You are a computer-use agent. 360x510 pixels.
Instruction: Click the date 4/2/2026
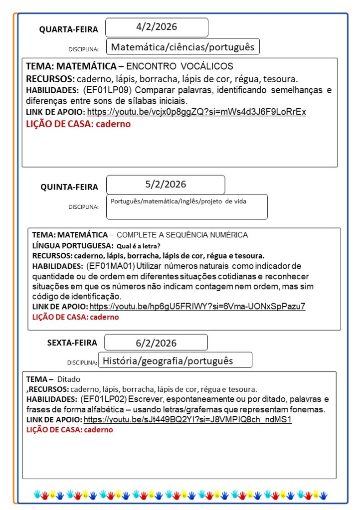click(157, 27)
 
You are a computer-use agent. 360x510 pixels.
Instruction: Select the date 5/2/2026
click(166, 184)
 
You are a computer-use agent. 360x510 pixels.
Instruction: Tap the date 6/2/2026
click(156, 343)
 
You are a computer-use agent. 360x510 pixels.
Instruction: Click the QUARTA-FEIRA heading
click(69, 29)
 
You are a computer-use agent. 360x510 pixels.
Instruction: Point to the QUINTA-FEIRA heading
click(69, 187)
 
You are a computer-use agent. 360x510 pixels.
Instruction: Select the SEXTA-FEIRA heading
click(72, 342)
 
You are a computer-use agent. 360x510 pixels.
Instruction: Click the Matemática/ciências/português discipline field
click(183, 47)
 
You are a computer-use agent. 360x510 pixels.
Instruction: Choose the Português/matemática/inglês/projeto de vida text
click(179, 201)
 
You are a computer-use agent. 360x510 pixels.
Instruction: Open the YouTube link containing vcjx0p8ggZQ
click(196, 112)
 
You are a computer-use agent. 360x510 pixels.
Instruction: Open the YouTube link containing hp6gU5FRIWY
click(197, 306)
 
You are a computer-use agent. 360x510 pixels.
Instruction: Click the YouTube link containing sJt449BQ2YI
click(187, 419)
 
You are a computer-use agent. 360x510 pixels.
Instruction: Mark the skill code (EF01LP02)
click(103, 399)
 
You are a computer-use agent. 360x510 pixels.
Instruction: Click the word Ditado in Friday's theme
click(69, 379)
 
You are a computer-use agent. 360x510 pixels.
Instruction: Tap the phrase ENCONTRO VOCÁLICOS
click(180, 66)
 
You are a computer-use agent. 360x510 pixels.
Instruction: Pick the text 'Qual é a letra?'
click(138, 246)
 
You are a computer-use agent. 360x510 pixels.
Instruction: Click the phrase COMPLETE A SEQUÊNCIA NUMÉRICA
click(182, 235)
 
